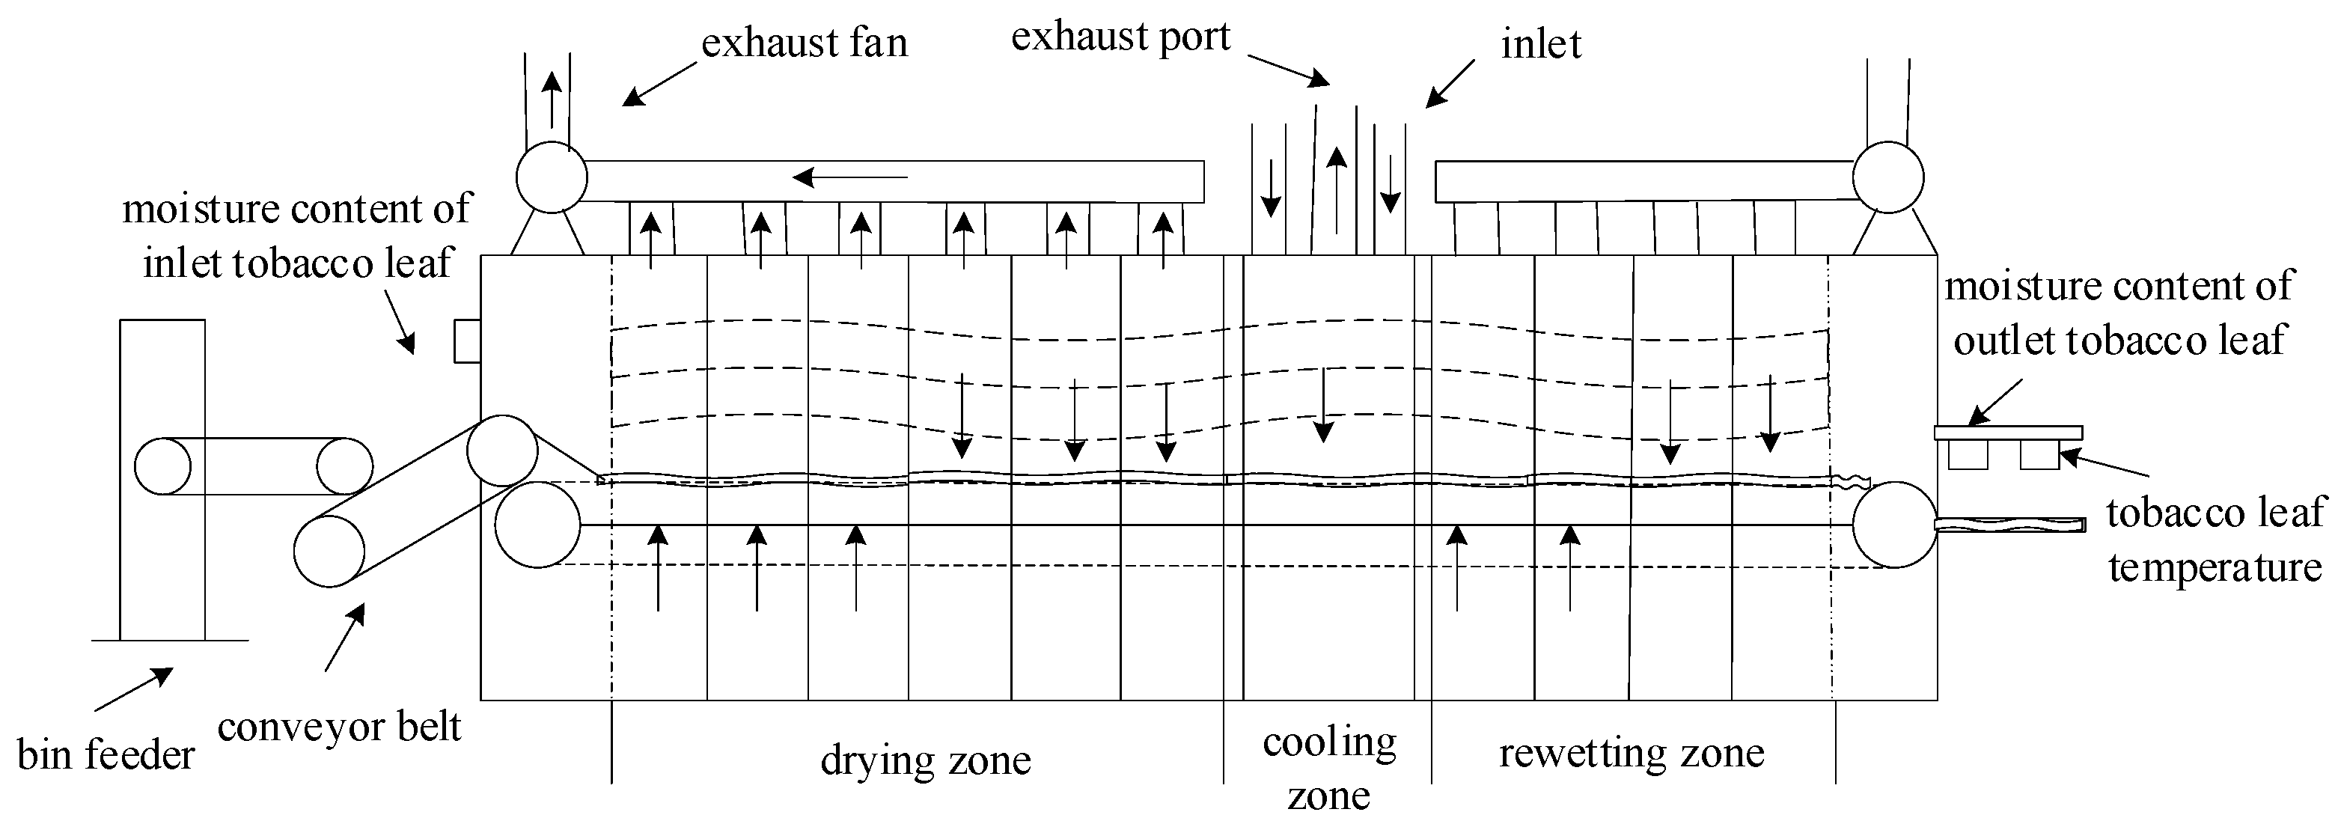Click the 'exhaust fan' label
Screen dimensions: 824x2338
tap(804, 43)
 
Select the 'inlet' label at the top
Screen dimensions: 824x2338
tap(1540, 44)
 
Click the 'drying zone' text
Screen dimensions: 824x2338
tap(925, 760)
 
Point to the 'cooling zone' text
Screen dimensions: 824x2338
tap(1328, 768)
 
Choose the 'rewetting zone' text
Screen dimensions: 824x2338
tap(1631, 753)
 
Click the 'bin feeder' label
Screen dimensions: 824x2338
tap(106, 755)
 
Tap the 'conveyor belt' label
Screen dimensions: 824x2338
tap(340, 727)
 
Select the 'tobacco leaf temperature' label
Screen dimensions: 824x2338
tap(2214, 540)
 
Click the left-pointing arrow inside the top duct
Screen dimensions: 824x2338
tap(849, 176)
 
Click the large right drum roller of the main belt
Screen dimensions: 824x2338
tap(1895, 525)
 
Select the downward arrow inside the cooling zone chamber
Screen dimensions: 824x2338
tap(1323, 405)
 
